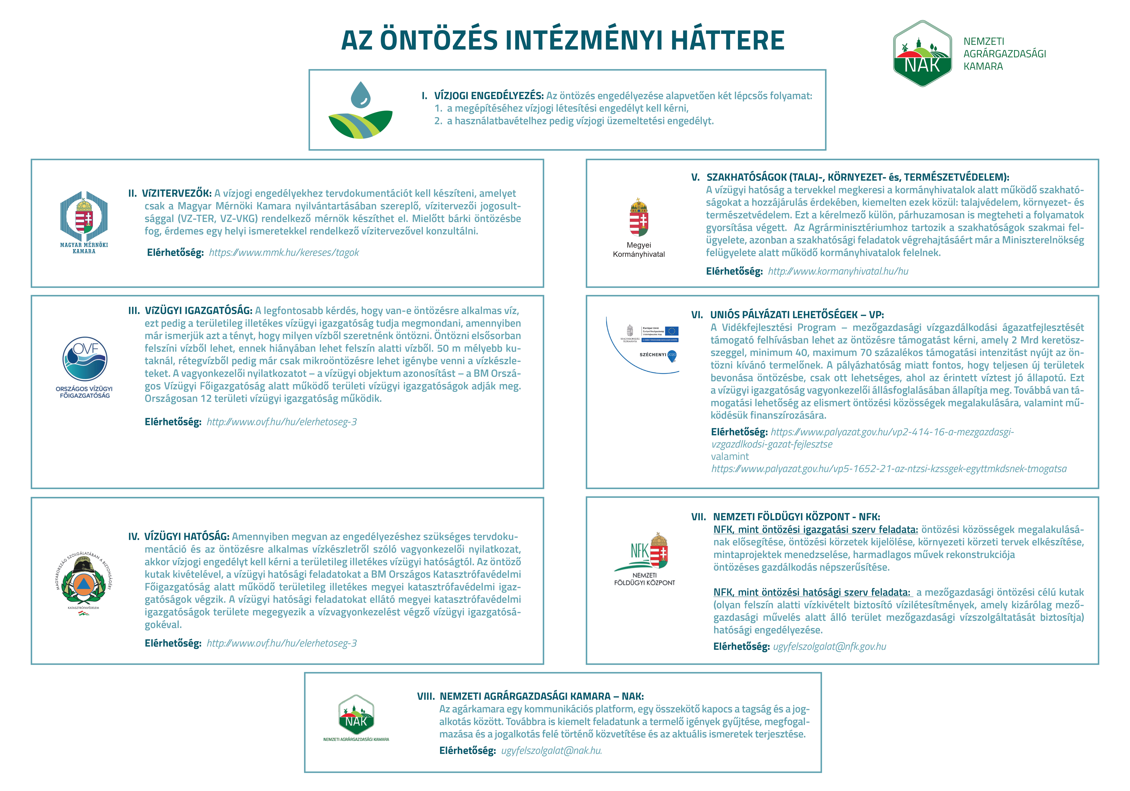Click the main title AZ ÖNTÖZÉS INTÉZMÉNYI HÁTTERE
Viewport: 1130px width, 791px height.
563,40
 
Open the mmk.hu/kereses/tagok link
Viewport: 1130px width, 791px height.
284,253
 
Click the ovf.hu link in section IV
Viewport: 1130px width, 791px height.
281,643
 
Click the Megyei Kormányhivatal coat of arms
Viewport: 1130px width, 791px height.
639,218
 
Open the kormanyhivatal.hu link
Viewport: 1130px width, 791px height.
838,271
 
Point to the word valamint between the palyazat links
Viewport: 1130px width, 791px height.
730,456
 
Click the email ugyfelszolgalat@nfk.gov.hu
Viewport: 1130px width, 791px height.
829,647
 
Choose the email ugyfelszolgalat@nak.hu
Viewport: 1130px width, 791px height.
551,751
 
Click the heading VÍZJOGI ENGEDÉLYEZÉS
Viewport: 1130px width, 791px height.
489,95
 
